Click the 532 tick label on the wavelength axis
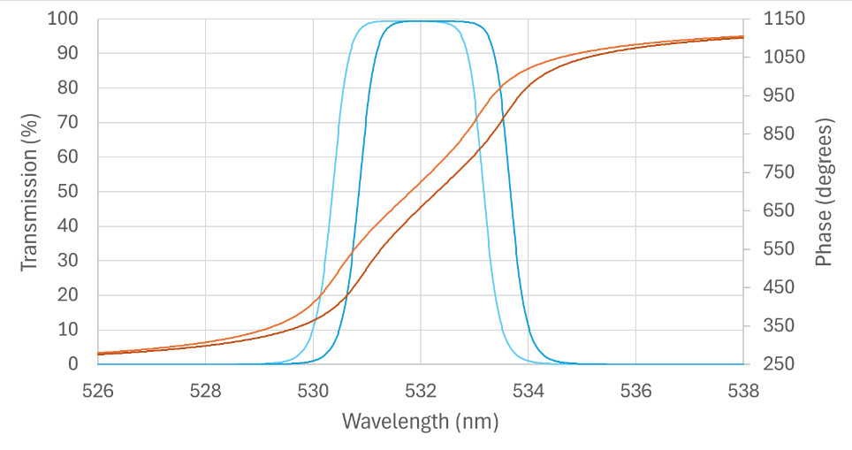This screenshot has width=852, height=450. point(421,391)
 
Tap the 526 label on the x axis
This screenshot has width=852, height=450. point(98,391)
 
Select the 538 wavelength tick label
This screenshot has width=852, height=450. point(743,391)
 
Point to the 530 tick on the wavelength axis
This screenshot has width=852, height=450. point(313,391)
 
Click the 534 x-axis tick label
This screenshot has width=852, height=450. point(529,391)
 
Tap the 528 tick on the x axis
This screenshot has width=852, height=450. point(205,391)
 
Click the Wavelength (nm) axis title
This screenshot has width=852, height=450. point(421,422)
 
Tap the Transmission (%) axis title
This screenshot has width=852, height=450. point(29,192)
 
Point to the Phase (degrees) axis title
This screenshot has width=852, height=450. point(824,192)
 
